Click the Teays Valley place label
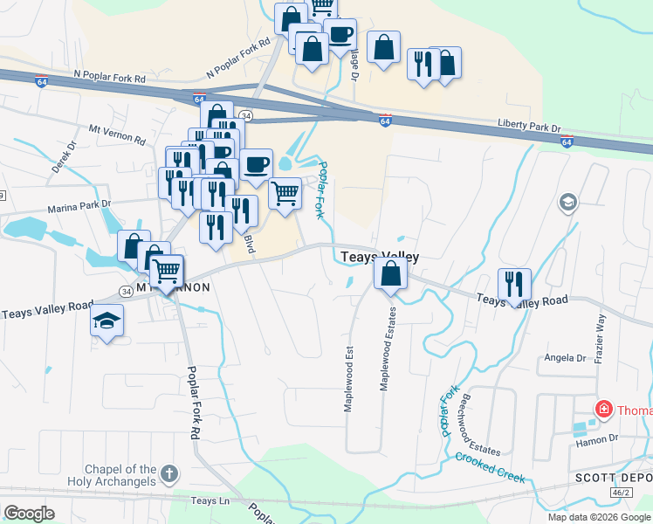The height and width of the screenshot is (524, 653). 379,257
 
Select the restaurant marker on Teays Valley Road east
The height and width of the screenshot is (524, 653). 514,284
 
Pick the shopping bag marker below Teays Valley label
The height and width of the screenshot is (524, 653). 390,275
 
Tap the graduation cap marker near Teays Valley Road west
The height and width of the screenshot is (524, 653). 107,320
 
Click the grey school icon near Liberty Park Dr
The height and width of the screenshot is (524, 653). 568,203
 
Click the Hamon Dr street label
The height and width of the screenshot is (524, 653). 596,438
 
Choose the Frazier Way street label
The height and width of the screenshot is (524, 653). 600,332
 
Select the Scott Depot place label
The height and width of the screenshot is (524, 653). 612,478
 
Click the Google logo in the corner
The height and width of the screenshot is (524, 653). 29,514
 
